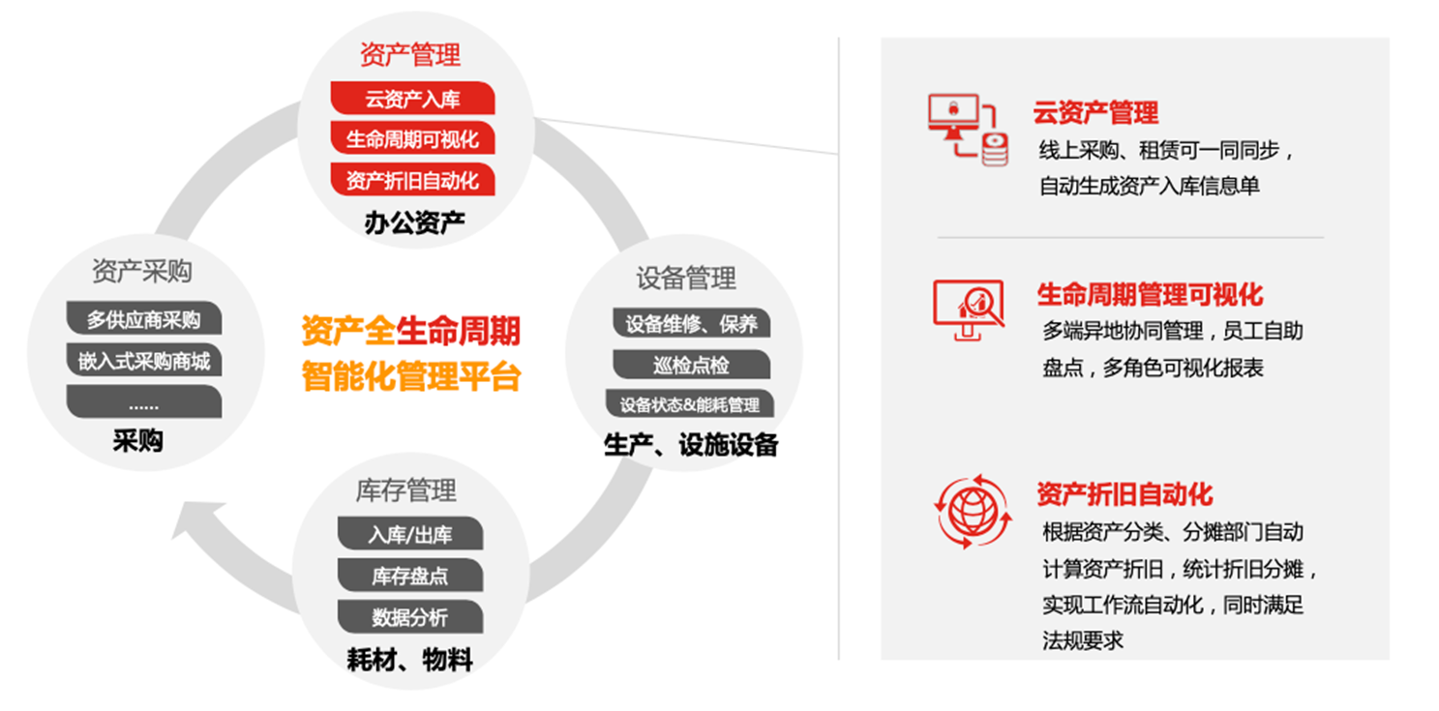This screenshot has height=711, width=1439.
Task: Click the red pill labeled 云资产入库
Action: (x=412, y=98)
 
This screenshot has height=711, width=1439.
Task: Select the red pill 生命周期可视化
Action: (x=412, y=138)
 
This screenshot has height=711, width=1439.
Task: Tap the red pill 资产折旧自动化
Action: (x=412, y=179)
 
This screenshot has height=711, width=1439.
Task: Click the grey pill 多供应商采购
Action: (x=144, y=318)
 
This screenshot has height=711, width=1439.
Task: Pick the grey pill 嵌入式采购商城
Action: (x=144, y=360)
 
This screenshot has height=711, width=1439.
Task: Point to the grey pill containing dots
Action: (x=144, y=401)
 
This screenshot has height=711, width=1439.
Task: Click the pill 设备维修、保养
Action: (x=691, y=323)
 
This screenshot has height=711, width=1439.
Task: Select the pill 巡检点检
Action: (x=691, y=364)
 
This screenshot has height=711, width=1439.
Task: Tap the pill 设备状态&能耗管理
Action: (x=690, y=404)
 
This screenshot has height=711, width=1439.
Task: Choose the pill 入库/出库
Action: (x=410, y=533)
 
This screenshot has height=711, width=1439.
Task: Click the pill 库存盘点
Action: (x=410, y=575)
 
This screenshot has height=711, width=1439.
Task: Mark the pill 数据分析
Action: (x=410, y=616)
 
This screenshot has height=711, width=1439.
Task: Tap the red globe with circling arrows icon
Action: (x=973, y=512)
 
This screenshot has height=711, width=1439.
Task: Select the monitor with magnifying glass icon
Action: (x=969, y=310)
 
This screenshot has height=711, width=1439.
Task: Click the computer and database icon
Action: (x=968, y=130)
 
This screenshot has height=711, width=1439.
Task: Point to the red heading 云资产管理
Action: (x=1095, y=112)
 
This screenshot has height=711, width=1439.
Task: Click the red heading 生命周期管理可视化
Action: (x=1150, y=295)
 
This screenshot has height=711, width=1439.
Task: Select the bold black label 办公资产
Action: (x=414, y=222)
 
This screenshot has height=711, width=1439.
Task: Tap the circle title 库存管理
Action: (x=406, y=490)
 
